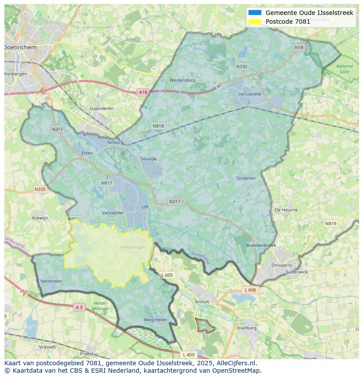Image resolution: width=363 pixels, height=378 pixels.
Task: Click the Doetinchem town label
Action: coord(20,47)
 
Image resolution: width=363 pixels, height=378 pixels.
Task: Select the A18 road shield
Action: coord(143,92)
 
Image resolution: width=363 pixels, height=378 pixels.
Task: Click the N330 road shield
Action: coord(241,67)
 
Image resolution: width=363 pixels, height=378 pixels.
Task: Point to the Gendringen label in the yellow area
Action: coord(132,247)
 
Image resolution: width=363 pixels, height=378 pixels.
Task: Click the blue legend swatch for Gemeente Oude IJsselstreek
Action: coord(255,13)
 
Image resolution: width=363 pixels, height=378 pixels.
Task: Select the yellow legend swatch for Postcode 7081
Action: coord(255,22)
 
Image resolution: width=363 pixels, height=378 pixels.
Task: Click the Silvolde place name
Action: coord(148,159)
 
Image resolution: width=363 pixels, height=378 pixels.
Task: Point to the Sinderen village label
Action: coord(246,178)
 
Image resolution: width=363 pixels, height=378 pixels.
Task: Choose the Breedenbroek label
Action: coord(261,245)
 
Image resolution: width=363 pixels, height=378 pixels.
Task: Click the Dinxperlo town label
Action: coord(281,265)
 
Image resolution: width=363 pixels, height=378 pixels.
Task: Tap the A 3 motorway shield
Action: coord(79,307)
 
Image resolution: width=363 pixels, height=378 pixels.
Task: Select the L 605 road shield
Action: coord(167,275)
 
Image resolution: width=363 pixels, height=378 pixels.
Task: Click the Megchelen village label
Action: coord(156,320)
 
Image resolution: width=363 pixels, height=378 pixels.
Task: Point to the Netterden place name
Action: coord(51,281)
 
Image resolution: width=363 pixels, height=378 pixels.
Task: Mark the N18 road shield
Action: coord(299,47)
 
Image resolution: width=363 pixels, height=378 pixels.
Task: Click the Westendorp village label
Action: coord(182,80)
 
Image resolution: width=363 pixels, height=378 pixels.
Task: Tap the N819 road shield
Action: coord(331,223)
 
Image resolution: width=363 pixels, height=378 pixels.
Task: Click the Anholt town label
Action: coord(202,302)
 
